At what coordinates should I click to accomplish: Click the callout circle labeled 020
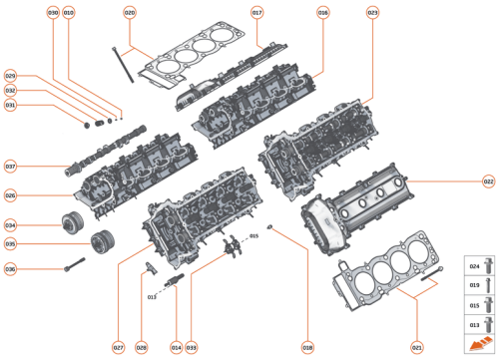pyautogui.click(x=129, y=13)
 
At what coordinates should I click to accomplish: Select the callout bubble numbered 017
pyautogui.click(x=256, y=13)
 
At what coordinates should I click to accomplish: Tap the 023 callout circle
pyautogui.click(x=372, y=13)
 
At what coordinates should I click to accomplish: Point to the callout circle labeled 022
pyautogui.click(x=488, y=181)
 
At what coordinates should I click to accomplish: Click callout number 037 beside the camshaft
pyautogui.click(x=10, y=166)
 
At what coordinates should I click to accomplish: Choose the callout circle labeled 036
pyautogui.click(x=10, y=269)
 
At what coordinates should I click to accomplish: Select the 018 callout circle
pyautogui.click(x=307, y=347)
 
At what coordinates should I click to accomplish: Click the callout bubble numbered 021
pyautogui.click(x=417, y=347)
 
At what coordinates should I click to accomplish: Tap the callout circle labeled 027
pyautogui.click(x=118, y=347)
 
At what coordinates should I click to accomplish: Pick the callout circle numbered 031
pyautogui.click(x=10, y=105)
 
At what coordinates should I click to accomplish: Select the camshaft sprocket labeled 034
pyautogui.click(x=70, y=223)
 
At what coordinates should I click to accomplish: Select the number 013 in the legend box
pyautogui.click(x=474, y=325)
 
